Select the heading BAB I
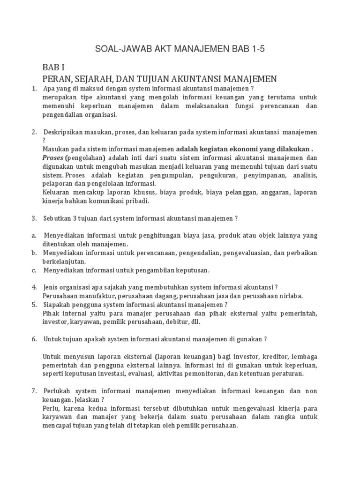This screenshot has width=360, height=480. point(55,67)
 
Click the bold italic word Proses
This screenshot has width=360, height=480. point(52,158)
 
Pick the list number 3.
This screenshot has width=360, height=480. point(34,218)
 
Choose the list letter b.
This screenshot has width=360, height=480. point(34,253)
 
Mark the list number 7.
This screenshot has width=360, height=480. point(34,390)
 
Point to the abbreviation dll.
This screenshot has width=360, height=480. point(199,322)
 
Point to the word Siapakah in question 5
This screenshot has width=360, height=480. point(59,304)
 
